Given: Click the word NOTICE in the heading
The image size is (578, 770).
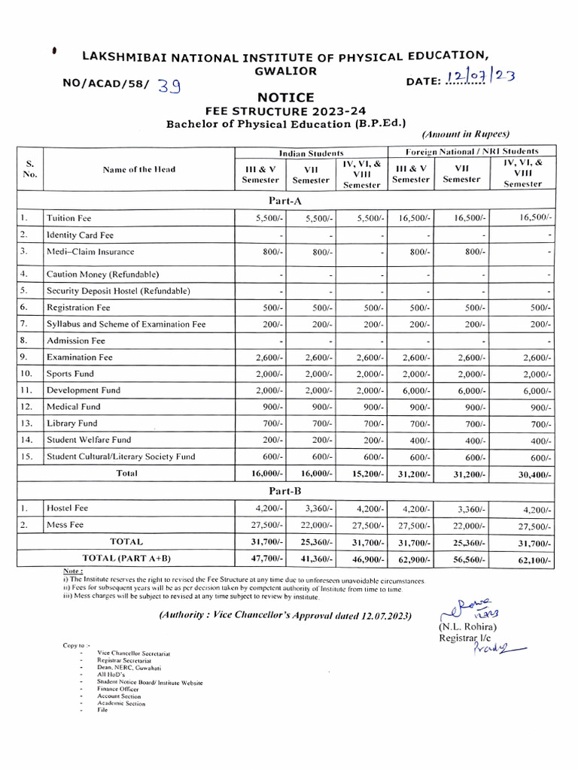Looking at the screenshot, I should [x=286, y=97].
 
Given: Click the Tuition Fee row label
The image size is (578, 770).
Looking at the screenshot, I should [x=68, y=218].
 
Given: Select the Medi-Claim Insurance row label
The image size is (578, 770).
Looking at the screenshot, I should [x=90, y=251].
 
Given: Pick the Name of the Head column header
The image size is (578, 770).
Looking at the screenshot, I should [x=139, y=169].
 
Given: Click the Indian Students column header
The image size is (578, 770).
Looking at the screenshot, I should [x=311, y=152].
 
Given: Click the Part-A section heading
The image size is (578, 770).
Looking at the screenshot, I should [x=285, y=201].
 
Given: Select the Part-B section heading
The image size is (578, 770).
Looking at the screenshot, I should [x=285, y=491].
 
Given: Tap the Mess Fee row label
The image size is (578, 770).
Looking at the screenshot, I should [x=65, y=525].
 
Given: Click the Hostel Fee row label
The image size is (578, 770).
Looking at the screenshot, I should [x=68, y=508].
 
